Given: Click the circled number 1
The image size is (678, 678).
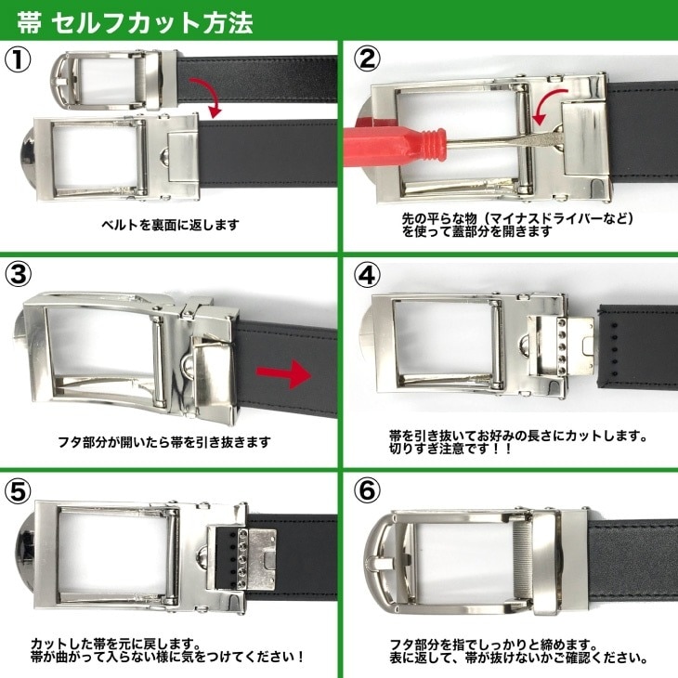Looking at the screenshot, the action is [18, 60].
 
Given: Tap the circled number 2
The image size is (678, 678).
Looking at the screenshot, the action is [367, 59].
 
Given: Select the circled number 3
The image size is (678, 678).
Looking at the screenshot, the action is [19, 275].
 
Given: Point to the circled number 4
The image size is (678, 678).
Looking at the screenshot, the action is [367, 275].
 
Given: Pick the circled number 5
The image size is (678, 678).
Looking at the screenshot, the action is [19, 490].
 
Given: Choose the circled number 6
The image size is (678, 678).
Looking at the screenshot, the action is [367, 490].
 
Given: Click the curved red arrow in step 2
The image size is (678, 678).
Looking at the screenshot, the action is [549, 106].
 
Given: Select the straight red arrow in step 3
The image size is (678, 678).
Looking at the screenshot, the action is [283, 373].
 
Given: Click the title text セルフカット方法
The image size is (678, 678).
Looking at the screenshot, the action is [151, 22].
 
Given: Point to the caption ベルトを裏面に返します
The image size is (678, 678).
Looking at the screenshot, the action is [170, 225].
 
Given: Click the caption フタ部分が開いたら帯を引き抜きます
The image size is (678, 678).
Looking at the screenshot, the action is [164, 442].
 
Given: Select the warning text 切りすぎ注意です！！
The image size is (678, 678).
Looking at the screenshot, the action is [450, 449].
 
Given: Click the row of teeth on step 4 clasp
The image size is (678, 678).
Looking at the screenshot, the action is [563, 342].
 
